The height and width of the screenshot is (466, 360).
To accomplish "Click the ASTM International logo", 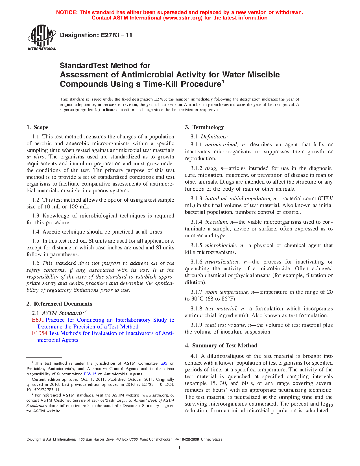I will tap(42, 38).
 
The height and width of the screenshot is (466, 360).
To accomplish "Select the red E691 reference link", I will tap(38, 320).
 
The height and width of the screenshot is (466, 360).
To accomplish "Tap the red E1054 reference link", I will tap(39, 333).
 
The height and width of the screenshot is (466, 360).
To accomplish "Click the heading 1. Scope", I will tap(38, 127).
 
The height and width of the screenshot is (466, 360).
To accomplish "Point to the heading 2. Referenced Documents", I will tap(59, 304).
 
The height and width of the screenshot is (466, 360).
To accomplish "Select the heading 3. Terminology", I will tap(204, 127).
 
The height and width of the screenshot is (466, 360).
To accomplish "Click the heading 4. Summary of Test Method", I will tap(221, 346).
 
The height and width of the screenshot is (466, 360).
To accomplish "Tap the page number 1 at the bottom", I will tap(180, 447).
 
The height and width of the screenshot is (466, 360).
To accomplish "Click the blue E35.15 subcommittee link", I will tap(90, 374).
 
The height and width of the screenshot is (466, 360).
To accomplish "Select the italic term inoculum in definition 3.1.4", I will tap(216, 222).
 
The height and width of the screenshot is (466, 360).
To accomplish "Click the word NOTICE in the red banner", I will tap(67, 12).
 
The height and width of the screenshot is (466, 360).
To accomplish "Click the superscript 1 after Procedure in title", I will tap(222, 82).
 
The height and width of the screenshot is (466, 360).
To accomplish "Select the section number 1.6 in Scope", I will tap(36, 263).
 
